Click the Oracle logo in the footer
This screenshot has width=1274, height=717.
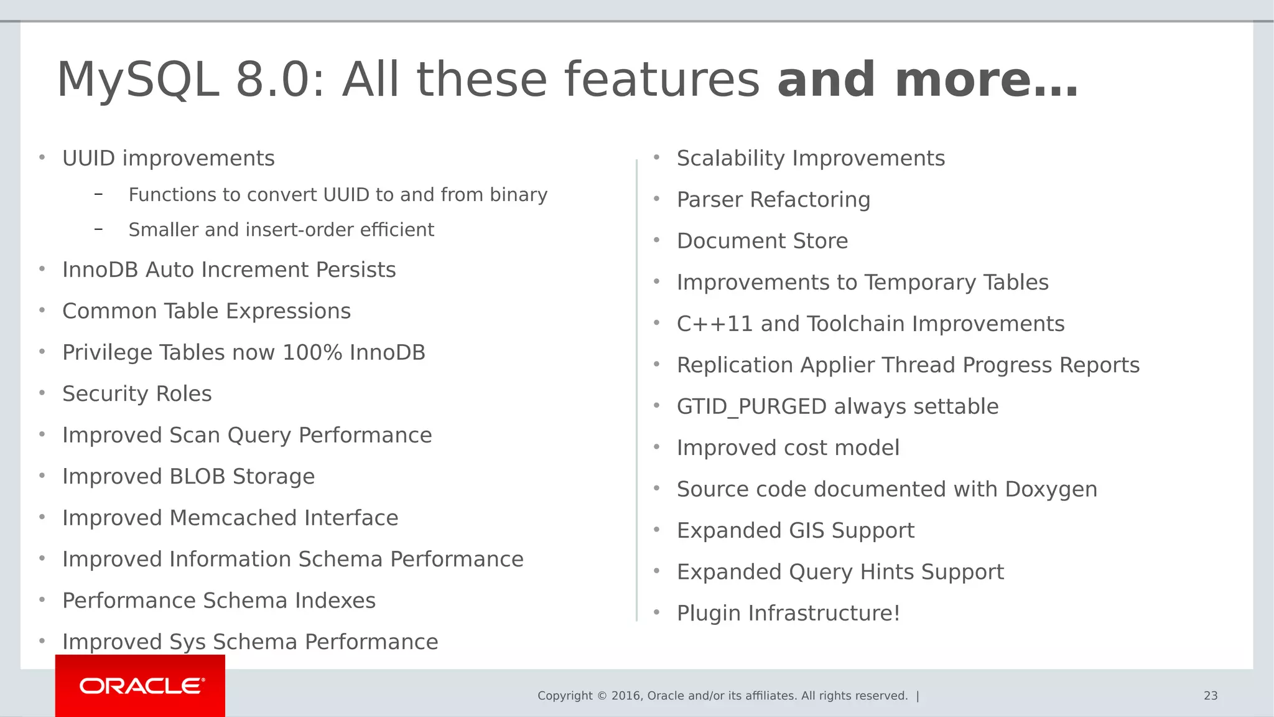pos(141,686)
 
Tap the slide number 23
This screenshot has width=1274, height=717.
pos(1210,696)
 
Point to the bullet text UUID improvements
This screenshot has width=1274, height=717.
pos(168,159)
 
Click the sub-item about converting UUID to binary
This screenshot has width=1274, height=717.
pos(338,195)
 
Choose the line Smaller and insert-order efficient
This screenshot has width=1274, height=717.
pos(281,230)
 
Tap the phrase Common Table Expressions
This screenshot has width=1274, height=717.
pos(207,311)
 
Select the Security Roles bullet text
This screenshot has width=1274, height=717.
pos(137,394)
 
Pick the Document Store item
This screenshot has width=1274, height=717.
pos(762,241)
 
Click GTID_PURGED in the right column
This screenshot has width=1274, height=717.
pos(751,407)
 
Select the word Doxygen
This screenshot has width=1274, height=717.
pos(1051,490)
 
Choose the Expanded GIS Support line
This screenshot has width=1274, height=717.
pos(795,531)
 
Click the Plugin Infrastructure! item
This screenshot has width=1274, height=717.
pos(788,613)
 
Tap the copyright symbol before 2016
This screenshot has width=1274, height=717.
pos(602,696)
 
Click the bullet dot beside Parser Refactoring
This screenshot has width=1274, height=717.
pos(656,199)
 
